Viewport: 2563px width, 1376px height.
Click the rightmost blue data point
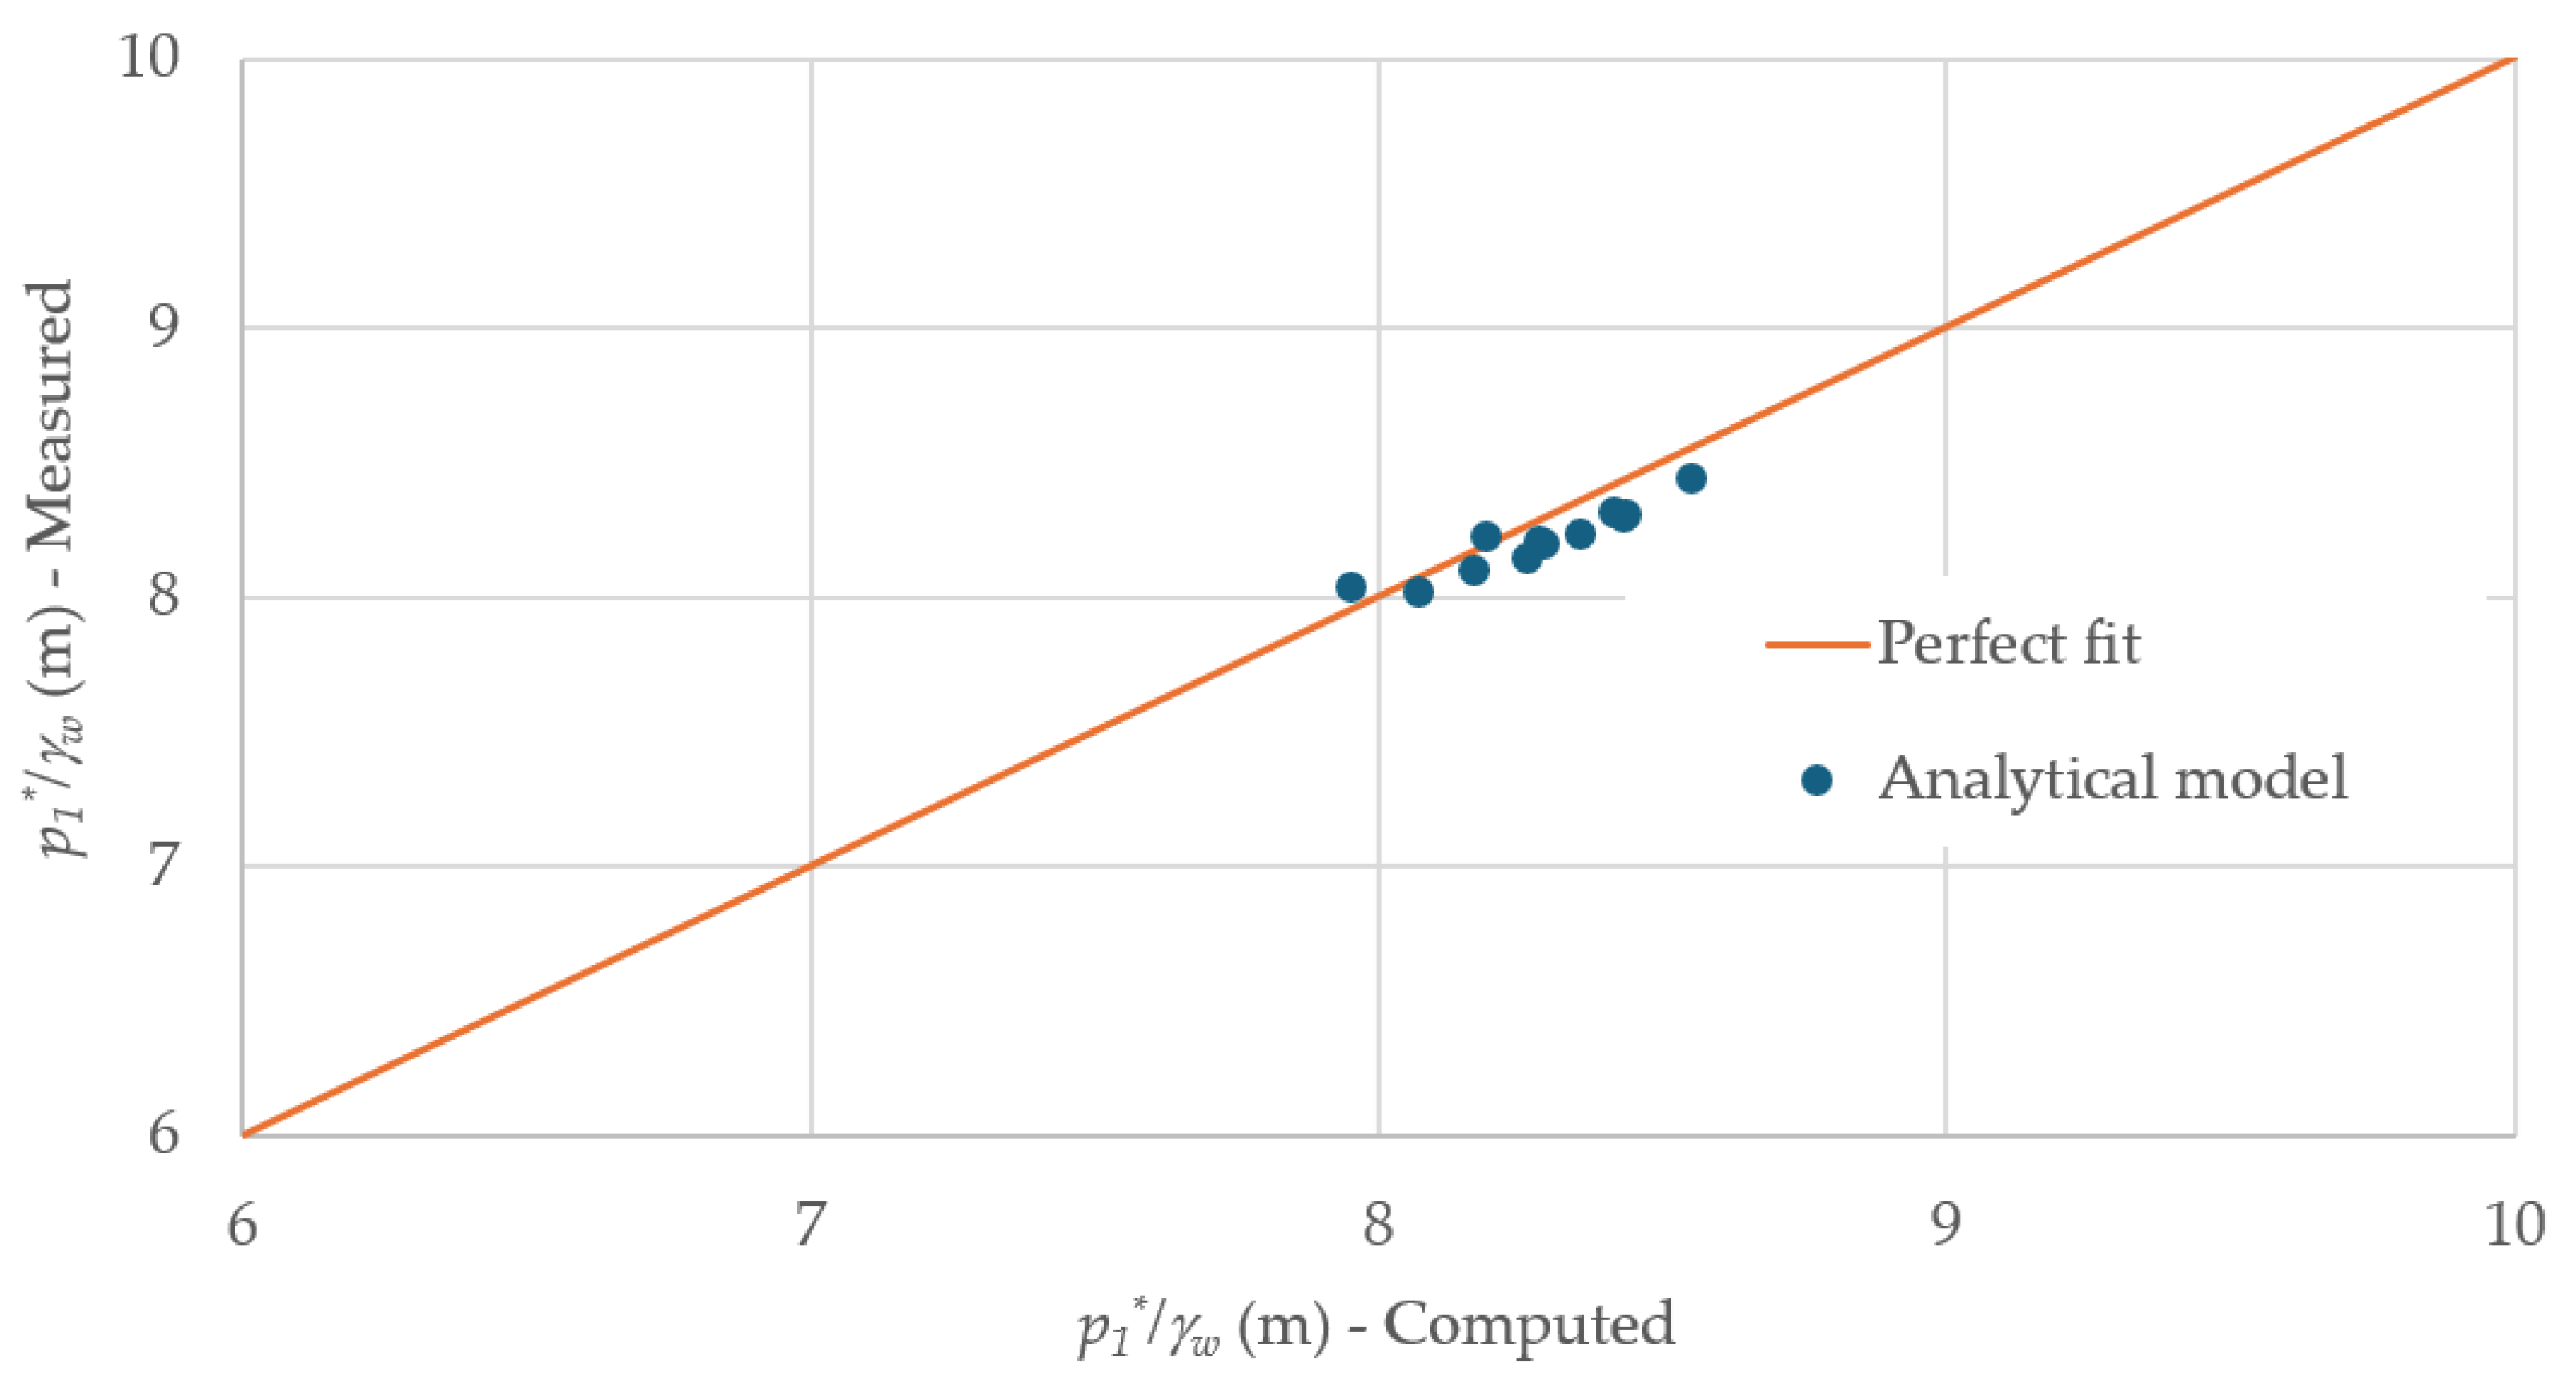1691,479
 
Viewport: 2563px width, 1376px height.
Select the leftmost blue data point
1350,587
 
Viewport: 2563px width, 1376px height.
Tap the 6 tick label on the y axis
164,1133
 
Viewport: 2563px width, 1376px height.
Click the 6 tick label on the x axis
242,1225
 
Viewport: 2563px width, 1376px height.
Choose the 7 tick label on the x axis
810,1225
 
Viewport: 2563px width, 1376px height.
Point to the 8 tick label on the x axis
1378,1225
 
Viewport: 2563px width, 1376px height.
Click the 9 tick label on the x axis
1946,1225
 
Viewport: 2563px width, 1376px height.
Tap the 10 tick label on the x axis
2513,1225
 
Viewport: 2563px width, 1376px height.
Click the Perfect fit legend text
2007,643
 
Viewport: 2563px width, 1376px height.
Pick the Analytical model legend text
2112,778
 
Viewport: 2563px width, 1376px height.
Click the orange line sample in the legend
1815,644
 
